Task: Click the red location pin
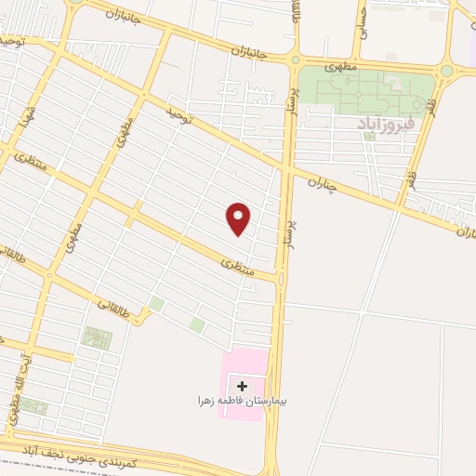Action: click(239, 218)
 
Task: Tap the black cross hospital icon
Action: click(243, 385)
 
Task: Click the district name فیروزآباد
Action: click(385, 122)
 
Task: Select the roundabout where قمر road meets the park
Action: click(447, 71)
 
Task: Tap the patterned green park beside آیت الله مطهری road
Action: click(97, 338)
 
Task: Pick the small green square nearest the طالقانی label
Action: click(156, 304)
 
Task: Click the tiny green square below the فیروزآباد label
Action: click(369, 137)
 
